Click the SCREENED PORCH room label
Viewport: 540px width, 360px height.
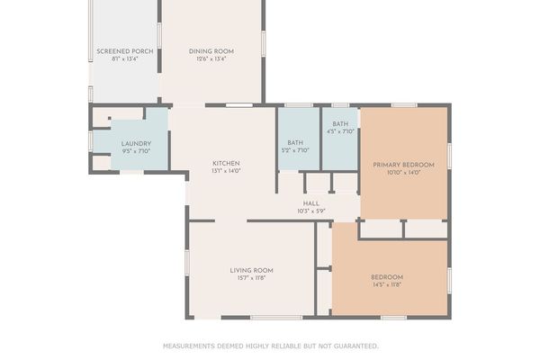[x=125, y=51]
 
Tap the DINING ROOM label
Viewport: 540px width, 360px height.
[x=211, y=51]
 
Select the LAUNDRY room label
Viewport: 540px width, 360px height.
[x=136, y=143]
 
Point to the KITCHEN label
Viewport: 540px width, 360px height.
[x=225, y=163]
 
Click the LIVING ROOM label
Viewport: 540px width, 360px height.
[x=251, y=270]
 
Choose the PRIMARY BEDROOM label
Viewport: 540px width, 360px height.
[x=403, y=165]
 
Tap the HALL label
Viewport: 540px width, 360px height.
[x=311, y=203]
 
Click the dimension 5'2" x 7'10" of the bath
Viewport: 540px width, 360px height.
[x=296, y=150]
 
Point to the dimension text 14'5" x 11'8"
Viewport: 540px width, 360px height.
[x=387, y=284]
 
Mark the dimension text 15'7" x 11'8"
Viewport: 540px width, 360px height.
[x=251, y=278]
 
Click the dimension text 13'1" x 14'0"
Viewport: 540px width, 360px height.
[x=225, y=171]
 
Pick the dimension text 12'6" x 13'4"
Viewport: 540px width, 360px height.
[x=211, y=59]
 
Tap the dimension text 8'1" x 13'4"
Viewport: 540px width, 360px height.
[x=125, y=59]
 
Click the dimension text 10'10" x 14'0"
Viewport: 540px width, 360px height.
[x=403, y=173]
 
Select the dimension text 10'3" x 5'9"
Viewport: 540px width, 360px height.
[x=311, y=211]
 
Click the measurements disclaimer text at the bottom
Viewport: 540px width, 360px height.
[x=270, y=346]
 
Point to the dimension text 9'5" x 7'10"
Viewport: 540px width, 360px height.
[x=136, y=151]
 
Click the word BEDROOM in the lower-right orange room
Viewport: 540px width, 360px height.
[x=387, y=276]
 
